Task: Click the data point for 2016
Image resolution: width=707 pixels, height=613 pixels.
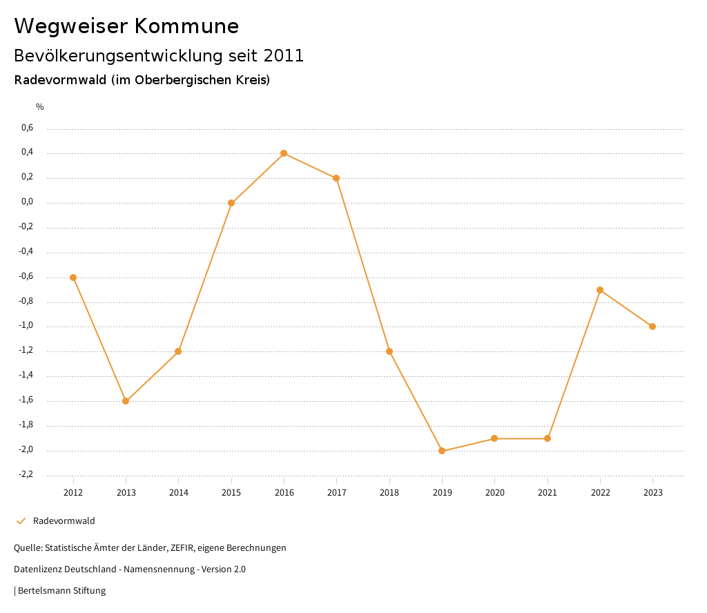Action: pyautogui.click(x=284, y=153)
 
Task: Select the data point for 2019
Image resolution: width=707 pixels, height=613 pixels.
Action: pyautogui.click(x=442, y=451)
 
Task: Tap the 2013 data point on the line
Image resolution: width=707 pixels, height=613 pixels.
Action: pyautogui.click(x=126, y=401)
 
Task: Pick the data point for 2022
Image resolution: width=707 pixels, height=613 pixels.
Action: pyautogui.click(x=600, y=290)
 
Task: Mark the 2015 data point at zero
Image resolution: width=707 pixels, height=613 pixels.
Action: pyautogui.click(x=231, y=203)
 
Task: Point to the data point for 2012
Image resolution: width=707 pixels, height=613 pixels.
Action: pyautogui.click(x=73, y=278)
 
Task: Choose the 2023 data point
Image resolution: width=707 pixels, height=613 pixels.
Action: pyautogui.click(x=652, y=327)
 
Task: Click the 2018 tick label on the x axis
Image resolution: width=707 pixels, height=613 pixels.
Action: pyautogui.click(x=389, y=492)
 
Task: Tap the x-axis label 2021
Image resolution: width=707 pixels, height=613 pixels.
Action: pyautogui.click(x=548, y=492)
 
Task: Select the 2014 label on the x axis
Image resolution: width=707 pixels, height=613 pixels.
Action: pyautogui.click(x=178, y=492)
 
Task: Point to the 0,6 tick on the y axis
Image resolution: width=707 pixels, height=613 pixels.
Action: pyautogui.click(x=27, y=128)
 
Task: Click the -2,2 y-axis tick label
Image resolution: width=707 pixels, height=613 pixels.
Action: pyautogui.click(x=26, y=475)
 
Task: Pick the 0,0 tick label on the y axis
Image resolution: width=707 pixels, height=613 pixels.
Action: pyautogui.click(x=27, y=202)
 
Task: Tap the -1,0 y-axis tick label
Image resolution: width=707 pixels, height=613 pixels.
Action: pyautogui.click(x=26, y=326)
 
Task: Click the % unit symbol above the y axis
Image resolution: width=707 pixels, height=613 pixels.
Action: pyautogui.click(x=40, y=107)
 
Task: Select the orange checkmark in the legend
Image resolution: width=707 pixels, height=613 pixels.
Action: pyautogui.click(x=21, y=521)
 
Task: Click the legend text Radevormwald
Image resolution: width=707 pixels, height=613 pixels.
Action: pyautogui.click(x=64, y=521)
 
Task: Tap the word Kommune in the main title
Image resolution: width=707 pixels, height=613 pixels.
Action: pyautogui.click(x=187, y=26)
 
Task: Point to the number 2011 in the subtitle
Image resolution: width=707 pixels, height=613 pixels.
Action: pyautogui.click(x=284, y=56)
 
